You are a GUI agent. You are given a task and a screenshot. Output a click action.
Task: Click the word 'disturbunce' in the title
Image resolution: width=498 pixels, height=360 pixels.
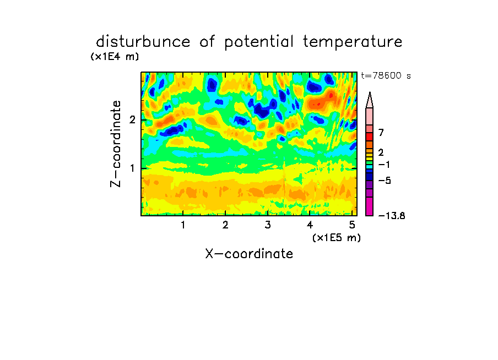click(143, 41)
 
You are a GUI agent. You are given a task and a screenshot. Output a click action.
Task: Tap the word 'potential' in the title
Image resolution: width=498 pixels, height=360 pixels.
click(259, 42)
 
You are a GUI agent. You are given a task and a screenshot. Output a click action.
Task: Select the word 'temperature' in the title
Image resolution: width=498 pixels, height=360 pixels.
click(353, 42)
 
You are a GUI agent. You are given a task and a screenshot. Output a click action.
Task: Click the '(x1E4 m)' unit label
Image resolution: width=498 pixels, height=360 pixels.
click(115, 57)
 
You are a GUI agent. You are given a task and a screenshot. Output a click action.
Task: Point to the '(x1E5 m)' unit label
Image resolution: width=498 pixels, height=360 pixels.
click(337, 238)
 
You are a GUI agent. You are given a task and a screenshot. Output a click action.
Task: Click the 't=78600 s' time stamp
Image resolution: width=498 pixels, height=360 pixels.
click(386, 76)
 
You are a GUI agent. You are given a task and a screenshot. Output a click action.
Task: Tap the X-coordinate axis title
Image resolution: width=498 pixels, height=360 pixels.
click(249, 254)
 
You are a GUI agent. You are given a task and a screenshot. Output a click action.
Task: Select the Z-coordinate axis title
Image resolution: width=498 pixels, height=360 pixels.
click(116, 144)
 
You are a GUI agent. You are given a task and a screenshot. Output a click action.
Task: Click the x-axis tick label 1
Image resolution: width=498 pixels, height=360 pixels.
click(183, 225)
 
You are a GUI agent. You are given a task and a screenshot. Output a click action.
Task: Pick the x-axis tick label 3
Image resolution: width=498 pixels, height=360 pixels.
click(268, 225)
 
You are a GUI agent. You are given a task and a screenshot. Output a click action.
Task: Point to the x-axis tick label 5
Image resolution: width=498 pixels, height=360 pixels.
click(352, 225)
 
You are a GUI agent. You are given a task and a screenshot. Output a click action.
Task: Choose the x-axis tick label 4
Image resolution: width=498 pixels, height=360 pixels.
click(310, 225)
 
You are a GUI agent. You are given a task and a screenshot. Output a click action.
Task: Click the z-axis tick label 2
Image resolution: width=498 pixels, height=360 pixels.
click(132, 120)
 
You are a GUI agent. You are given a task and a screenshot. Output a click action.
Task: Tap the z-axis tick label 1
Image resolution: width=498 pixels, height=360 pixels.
click(132, 168)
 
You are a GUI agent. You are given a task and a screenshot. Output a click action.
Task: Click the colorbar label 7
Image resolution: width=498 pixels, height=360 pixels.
click(381, 133)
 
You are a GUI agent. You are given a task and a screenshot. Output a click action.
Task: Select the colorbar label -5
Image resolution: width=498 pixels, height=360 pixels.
click(385, 181)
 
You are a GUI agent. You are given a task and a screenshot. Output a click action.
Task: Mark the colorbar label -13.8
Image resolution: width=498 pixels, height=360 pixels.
click(392, 216)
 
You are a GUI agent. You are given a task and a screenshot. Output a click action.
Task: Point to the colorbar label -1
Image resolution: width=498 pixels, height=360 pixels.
click(384, 165)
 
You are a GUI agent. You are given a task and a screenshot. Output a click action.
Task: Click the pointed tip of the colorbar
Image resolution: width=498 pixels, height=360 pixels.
click(370, 92)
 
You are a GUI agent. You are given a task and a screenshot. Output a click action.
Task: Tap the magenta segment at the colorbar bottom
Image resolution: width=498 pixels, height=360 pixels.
click(370, 206)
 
